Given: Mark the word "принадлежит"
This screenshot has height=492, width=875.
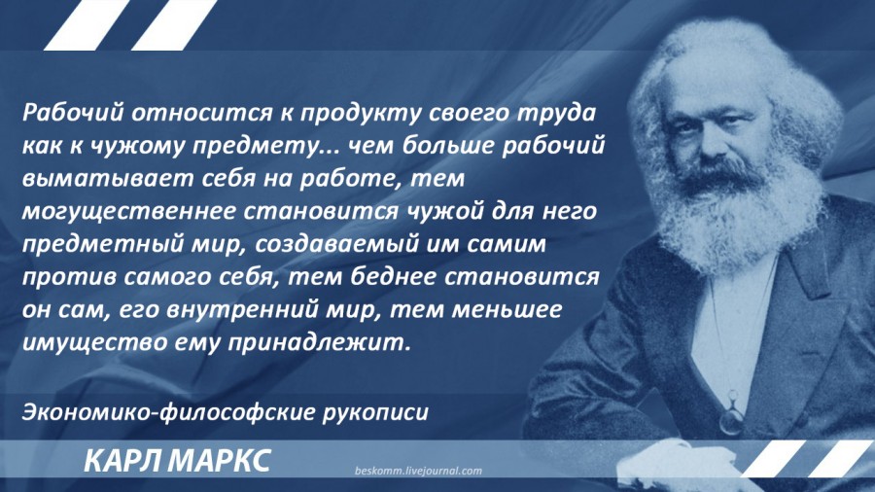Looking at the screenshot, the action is (x=317, y=342).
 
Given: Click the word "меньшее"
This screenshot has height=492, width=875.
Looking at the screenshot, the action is (x=507, y=309).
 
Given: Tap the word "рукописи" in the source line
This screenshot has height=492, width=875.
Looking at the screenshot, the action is (x=375, y=413).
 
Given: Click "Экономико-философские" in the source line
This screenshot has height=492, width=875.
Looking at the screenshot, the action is (x=169, y=413).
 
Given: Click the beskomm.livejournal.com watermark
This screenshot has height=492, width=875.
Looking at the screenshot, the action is (x=418, y=471).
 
